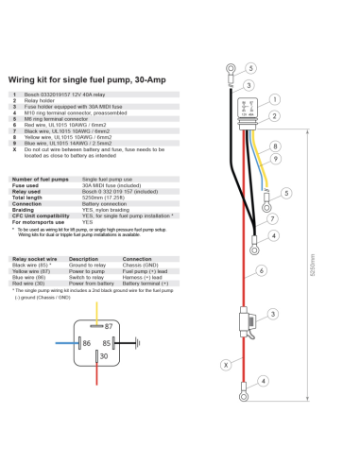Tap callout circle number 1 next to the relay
pyautogui.click(x=274, y=99)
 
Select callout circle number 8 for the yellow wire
pyautogui.click(x=274, y=146)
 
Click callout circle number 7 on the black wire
pyautogui.click(x=272, y=218)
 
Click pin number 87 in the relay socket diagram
pyautogui.click(x=108, y=325)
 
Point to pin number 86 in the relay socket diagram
pyautogui.click(x=87, y=343)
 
